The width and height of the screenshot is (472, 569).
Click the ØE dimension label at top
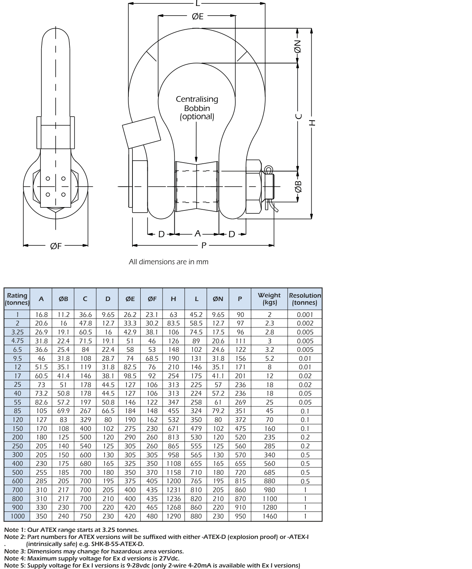[x=197, y=16]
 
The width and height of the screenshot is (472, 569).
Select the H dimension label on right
[x=312, y=122]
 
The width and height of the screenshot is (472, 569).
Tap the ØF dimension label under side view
[x=56, y=246]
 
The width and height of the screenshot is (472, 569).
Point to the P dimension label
[x=204, y=245]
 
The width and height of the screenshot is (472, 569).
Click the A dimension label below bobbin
[x=197, y=233]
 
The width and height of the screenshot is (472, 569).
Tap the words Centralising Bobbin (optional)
[x=197, y=108]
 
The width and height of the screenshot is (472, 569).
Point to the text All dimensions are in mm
[x=168, y=262]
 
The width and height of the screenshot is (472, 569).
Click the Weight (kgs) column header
[x=269, y=299]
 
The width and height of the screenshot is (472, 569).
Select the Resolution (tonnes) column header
[x=305, y=299]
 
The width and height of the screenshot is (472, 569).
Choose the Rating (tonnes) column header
[x=17, y=299]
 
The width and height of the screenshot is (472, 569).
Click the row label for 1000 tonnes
[x=17, y=516]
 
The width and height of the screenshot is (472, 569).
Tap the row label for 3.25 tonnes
[x=17, y=332]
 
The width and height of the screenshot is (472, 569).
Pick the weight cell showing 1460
[x=269, y=516]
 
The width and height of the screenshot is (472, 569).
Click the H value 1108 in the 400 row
[x=174, y=464]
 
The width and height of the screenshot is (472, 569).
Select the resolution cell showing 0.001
[x=305, y=314]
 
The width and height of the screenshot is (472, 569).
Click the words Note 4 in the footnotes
[x=14, y=558]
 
